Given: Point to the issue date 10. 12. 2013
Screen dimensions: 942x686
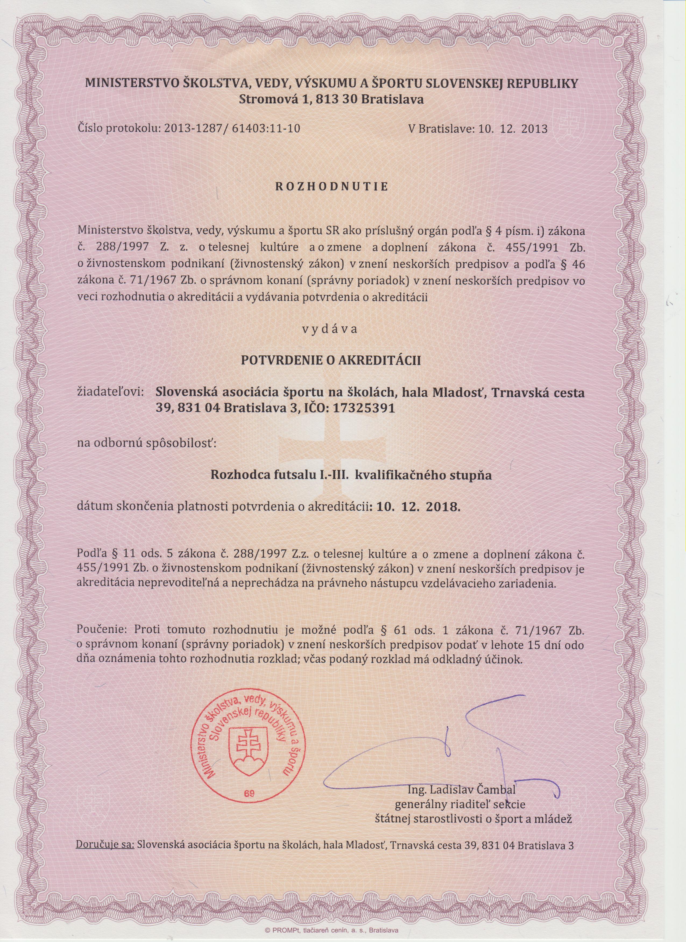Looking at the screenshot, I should coord(513,128).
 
